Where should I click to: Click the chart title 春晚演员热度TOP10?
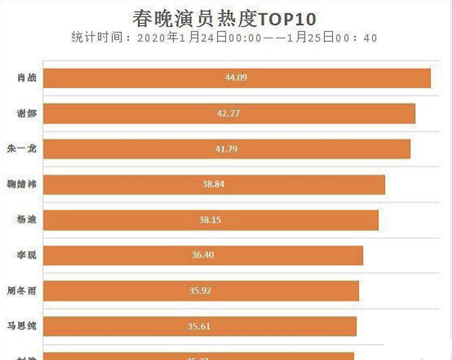[224, 19]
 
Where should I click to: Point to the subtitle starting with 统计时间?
[224, 38]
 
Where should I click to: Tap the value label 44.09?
[236, 78]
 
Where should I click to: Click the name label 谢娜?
[27, 114]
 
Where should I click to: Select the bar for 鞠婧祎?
[311, 185]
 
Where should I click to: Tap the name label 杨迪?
[27, 220]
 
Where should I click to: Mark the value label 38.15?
[210, 220]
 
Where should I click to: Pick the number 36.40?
[203, 255]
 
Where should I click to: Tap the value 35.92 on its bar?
[200, 291]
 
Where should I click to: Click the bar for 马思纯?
[282, 326]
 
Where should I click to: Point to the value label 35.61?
[199, 326]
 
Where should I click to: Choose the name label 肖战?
[27, 78]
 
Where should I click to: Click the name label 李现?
[27, 255]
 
